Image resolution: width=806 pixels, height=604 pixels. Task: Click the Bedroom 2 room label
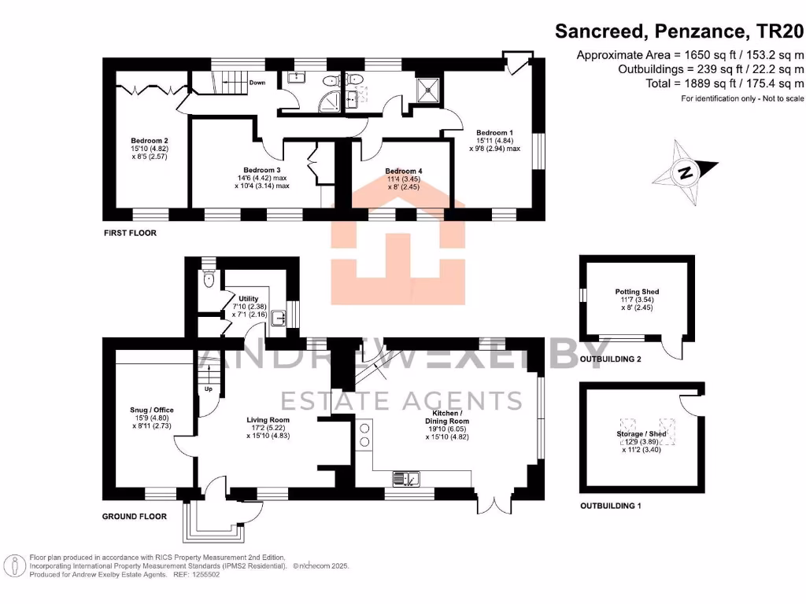tap(133, 141)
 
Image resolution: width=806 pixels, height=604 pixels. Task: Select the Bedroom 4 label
tap(404, 171)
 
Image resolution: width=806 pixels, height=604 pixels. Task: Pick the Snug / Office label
tap(151, 411)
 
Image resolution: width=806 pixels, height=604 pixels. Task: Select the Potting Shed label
tap(637, 292)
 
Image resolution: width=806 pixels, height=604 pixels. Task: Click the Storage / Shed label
tap(641, 434)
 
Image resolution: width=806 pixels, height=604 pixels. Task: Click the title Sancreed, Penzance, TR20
tap(679, 31)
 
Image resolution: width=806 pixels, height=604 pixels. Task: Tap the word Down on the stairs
tap(257, 83)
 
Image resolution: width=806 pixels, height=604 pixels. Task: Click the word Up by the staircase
tap(209, 389)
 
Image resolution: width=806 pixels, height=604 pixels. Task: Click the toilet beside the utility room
tap(208, 278)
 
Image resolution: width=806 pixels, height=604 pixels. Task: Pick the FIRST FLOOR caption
tap(131, 234)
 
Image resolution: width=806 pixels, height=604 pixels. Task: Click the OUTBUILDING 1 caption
tap(610, 506)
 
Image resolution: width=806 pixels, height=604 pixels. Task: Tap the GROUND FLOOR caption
tap(135, 517)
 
